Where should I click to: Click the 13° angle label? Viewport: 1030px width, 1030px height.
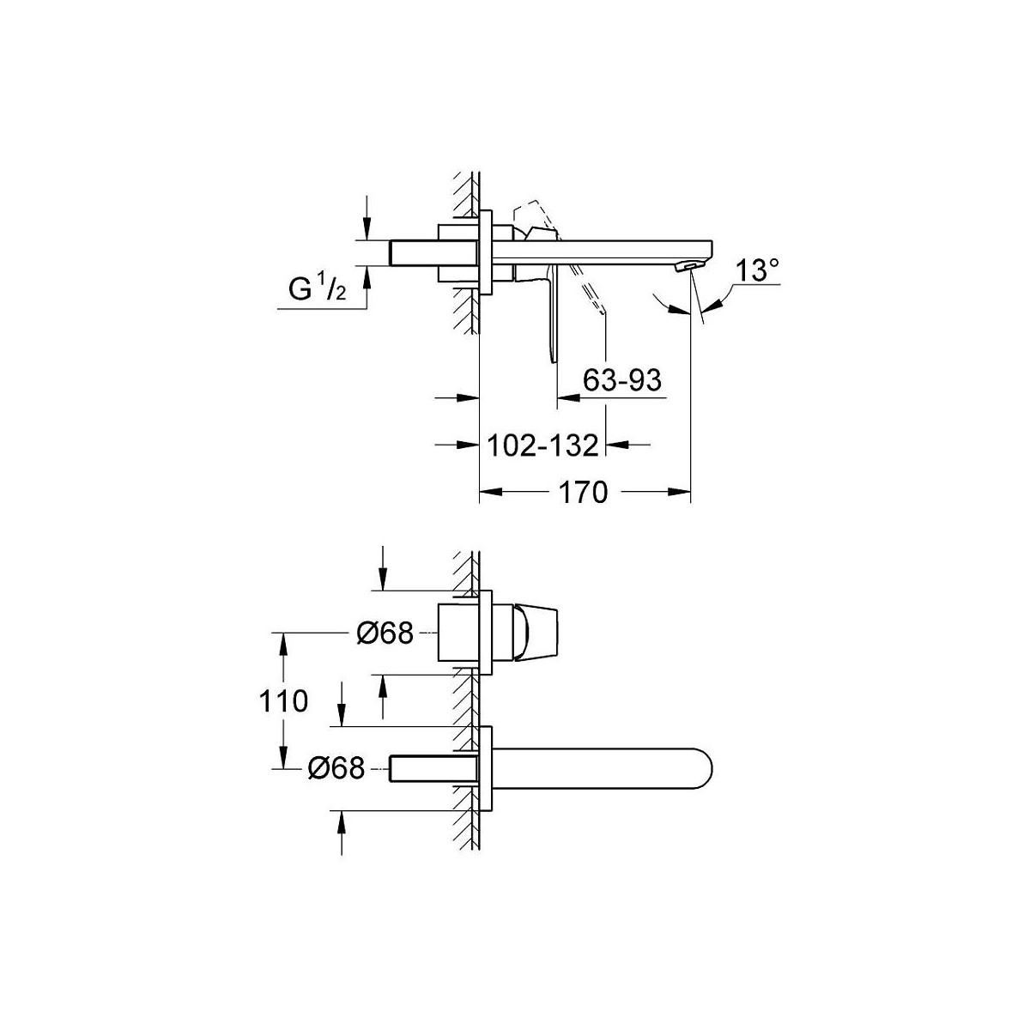pos(757,270)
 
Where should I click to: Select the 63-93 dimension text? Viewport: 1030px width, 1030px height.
pos(622,380)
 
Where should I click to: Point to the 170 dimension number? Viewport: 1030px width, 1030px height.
pos(583,492)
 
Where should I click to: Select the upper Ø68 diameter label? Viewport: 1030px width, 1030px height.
pos(385,633)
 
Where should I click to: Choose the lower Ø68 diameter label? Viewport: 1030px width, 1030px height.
pos(336,768)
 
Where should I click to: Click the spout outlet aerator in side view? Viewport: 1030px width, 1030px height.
pos(688,266)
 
